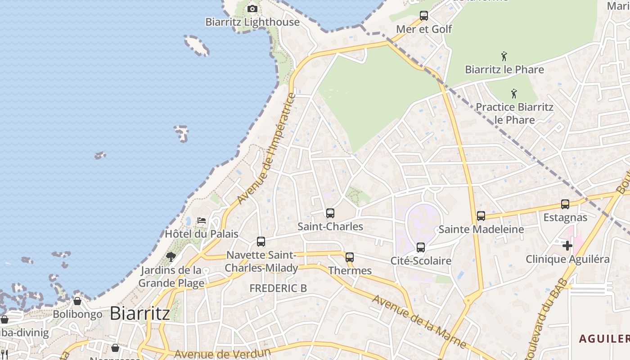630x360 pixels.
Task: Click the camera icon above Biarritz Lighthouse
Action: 252,9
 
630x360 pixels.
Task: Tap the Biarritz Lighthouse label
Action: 252,22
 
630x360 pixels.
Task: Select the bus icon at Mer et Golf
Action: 423,16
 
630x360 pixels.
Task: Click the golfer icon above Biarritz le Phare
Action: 504,57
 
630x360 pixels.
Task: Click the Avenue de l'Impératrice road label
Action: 267,148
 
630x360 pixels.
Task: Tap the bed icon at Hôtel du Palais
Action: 202,220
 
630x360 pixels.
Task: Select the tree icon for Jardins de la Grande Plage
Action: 171,257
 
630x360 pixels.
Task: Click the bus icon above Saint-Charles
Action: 330,213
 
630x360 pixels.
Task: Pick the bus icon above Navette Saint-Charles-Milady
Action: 261,242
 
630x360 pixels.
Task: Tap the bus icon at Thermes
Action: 350,257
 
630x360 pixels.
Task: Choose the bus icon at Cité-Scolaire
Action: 421,247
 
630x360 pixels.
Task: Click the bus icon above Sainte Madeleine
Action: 481,216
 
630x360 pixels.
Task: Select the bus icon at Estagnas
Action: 565,204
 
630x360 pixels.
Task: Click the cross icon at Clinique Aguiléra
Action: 567,246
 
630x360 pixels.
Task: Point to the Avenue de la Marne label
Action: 419,321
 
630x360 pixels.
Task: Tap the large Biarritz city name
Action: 139,313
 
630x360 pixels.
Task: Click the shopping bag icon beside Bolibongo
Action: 77,301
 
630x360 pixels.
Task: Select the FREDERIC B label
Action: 278,288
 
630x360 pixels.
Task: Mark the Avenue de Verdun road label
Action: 222,353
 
